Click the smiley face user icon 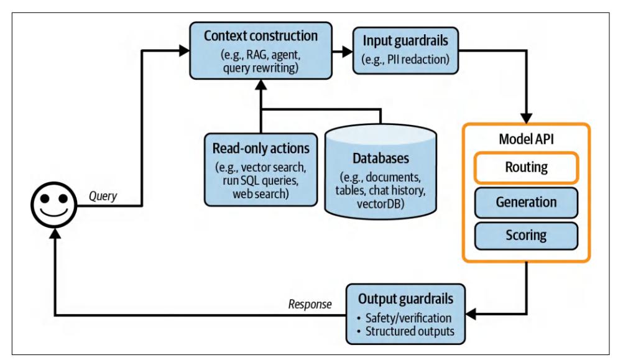coord(55,205)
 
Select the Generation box coord(526,202)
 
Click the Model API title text coord(526,138)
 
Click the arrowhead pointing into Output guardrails coord(470,315)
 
